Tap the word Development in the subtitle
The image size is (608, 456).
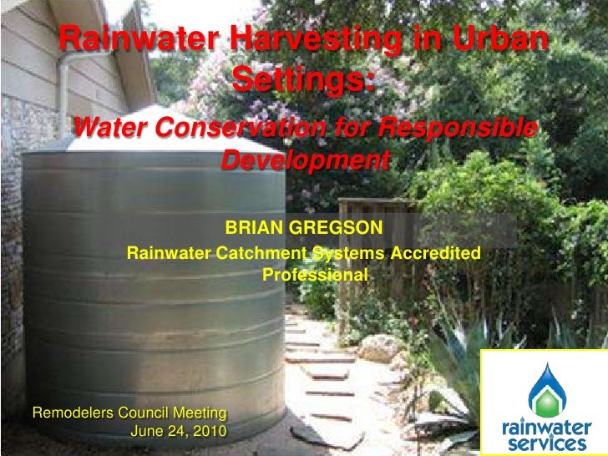pyautogui.click(x=306, y=160)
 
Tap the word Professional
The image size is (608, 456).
pyautogui.click(x=315, y=273)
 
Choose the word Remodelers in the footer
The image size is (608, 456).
pyautogui.click(x=72, y=413)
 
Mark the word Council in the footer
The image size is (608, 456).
pyautogui.click(x=144, y=413)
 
